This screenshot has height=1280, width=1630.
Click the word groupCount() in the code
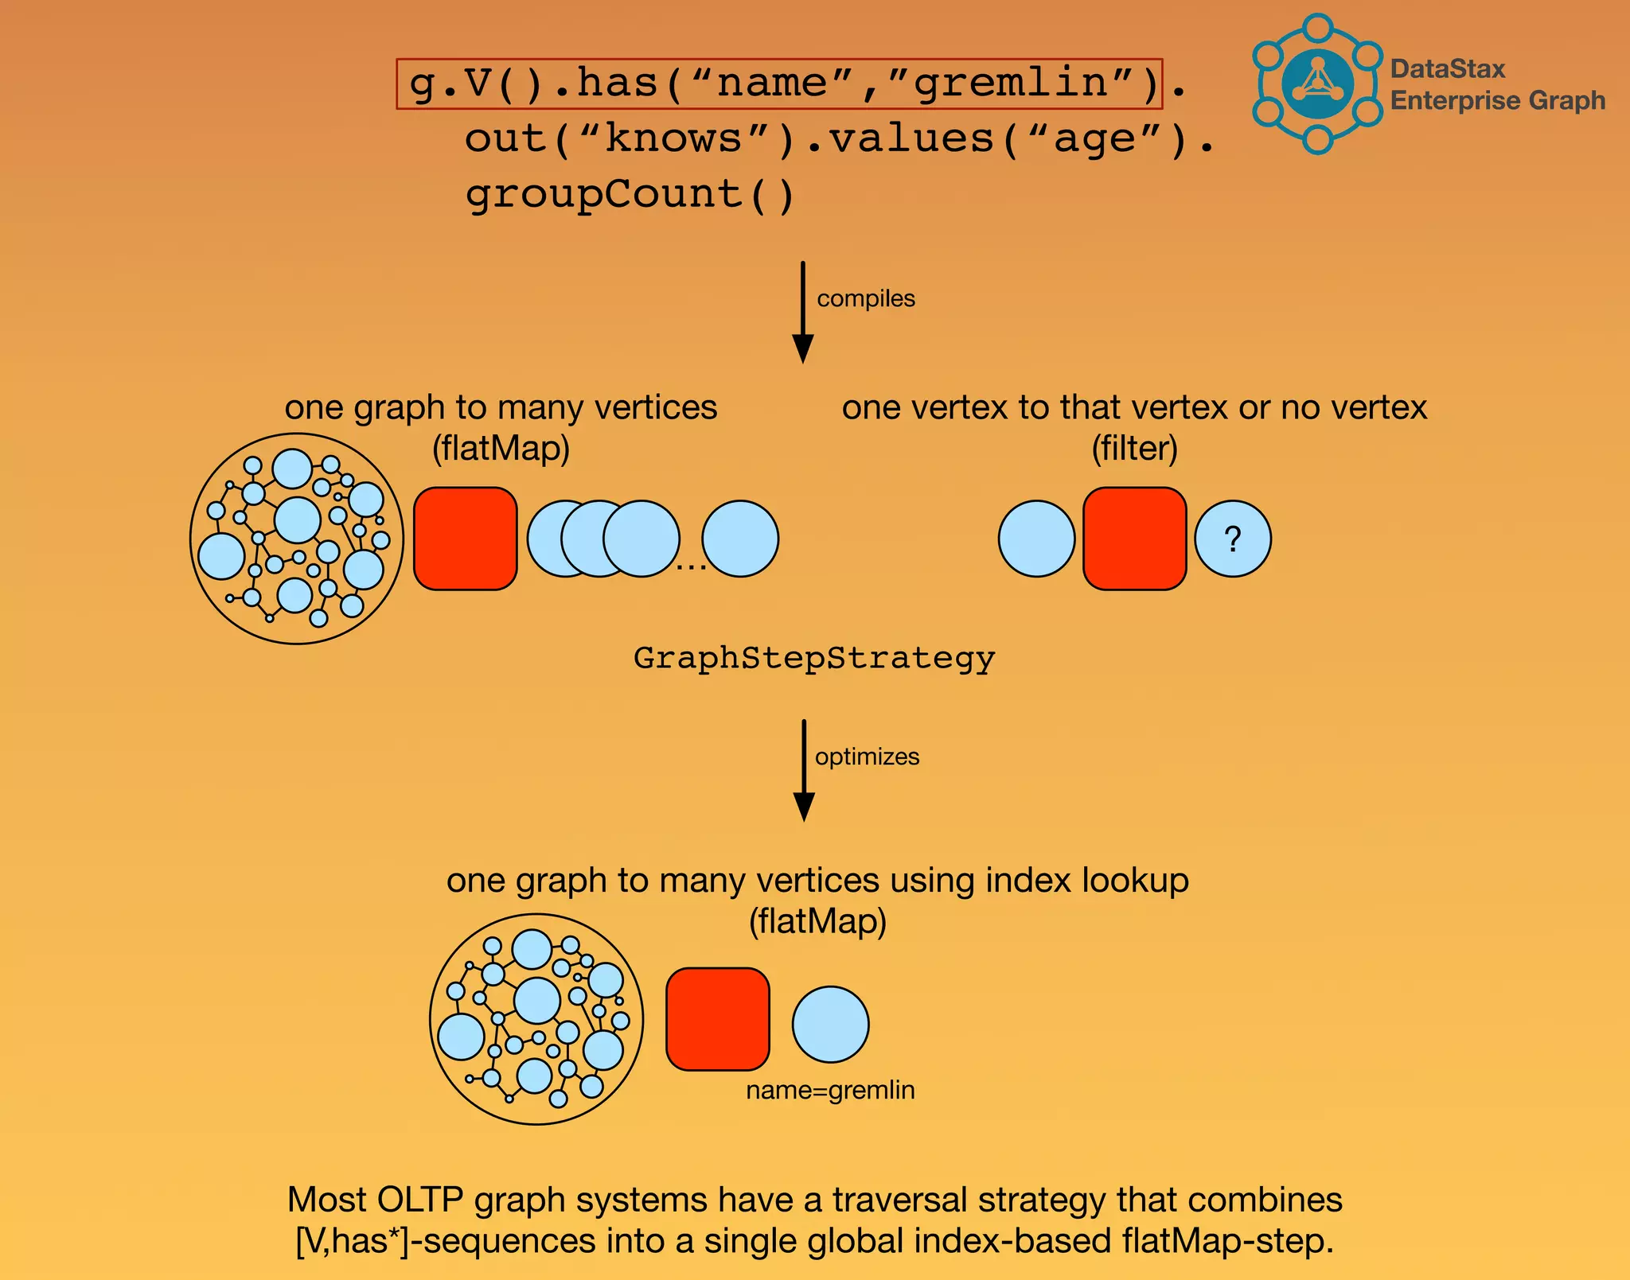(630, 195)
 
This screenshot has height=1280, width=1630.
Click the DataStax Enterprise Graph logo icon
(1317, 84)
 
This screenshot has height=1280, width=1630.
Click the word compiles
(866, 298)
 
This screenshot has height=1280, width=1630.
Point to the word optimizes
(867, 757)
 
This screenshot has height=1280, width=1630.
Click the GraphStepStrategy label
(814, 659)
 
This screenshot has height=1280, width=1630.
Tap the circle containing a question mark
(1233, 539)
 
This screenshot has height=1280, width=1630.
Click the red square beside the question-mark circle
(1134, 539)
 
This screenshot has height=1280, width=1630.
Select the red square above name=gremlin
(717, 1019)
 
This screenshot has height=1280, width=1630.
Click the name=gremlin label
(830, 1090)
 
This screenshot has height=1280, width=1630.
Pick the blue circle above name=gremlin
(830, 1025)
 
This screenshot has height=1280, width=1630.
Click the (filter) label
(1134, 448)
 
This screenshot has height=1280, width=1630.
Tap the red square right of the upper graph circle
(465, 539)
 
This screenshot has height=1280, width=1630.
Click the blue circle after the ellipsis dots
(739, 539)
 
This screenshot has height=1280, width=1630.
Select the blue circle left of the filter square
(1036, 539)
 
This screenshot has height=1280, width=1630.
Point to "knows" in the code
(673, 139)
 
